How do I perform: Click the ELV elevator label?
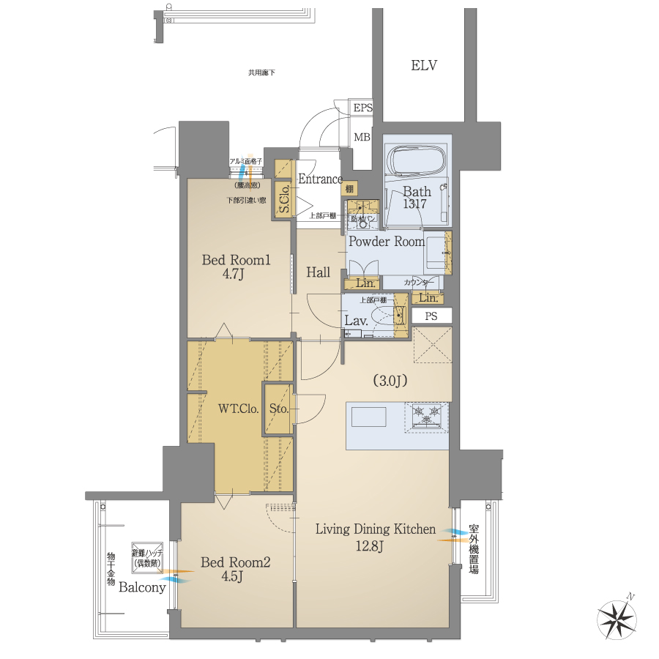tap(423, 66)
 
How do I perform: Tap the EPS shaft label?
tap(362, 108)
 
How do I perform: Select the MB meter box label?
tap(362, 137)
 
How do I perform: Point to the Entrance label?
tap(320, 179)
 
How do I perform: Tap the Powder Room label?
tap(386, 242)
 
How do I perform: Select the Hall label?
tap(319, 272)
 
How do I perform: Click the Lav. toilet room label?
tap(356, 320)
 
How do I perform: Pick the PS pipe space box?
tap(431, 316)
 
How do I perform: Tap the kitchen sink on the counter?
tap(368, 417)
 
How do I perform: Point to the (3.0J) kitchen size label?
tap(390, 381)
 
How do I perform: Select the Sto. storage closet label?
tap(278, 409)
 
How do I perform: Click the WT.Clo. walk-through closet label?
tap(237, 409)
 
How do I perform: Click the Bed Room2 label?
tap(236, 562)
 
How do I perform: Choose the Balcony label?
tap(142, 587)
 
